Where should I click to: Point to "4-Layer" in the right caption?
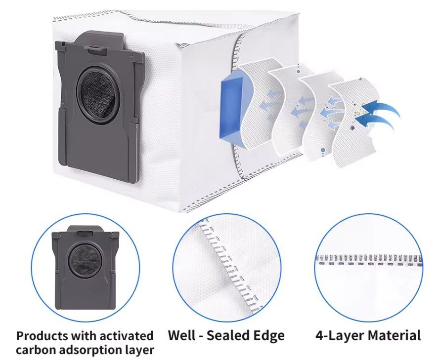pyautogui.click(x=340, y=335)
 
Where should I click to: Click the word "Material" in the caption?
pyautogui.click(x=394, y=335)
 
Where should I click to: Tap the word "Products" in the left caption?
pyautogui.click(x=43, y=336)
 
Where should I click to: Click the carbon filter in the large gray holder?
pyautogui.click(x=99, y=96)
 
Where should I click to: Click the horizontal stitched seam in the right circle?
pyautogui.click(x=369, y=259)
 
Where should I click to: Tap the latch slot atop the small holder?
pyautogui.click(x=85, y=233)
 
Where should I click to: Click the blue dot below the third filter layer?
pyautogui.click(x=323, y=150)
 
